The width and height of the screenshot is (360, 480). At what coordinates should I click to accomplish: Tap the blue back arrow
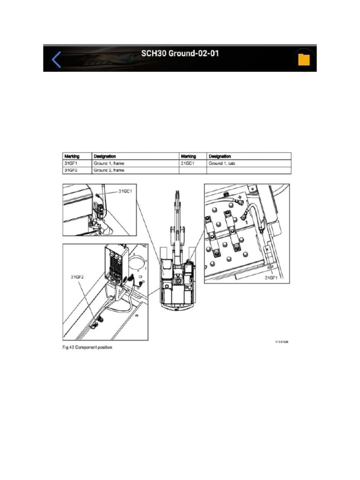56,60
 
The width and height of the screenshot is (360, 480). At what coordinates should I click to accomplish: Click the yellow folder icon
304,60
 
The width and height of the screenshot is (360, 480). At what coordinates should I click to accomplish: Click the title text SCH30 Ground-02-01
180,53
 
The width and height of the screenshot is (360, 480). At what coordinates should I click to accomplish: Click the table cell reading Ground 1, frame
109,163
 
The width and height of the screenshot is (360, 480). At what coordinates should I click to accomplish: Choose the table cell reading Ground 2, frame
109,170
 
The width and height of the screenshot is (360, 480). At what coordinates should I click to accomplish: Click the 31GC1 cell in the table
187,163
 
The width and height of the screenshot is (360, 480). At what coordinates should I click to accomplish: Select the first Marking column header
72,156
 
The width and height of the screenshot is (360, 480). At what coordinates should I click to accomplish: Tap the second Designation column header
219,156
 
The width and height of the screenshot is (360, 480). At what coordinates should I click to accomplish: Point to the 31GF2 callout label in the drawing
77,277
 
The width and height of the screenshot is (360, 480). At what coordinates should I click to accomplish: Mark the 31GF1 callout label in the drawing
272,277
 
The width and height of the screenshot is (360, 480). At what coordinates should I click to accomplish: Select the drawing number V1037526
282,342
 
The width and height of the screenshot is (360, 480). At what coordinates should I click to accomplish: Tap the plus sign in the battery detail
240,198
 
